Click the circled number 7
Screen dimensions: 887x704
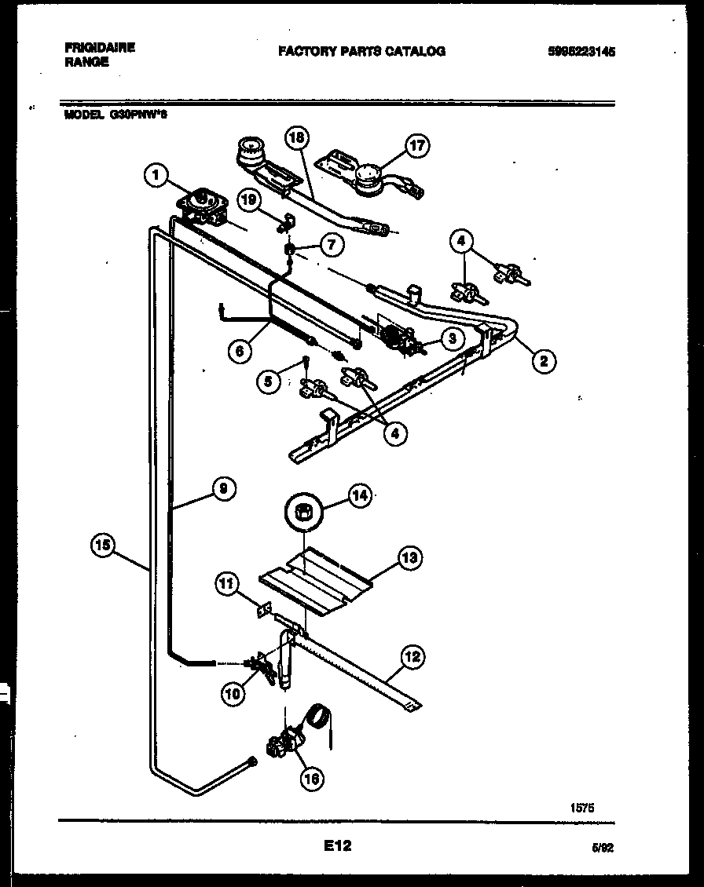click(x=331, y=245)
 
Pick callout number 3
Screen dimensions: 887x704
click(x=450, y=339)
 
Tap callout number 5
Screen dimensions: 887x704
click(x=269, y=381)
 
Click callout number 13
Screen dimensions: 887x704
click(x=409, y=558)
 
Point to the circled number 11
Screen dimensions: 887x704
click(x=225, y=583)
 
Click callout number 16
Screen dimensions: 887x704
click(x=312, y=778)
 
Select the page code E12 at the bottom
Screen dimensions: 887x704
click(x=336, y=846)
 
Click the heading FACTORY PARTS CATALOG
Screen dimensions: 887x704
click(x=361, y=51)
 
